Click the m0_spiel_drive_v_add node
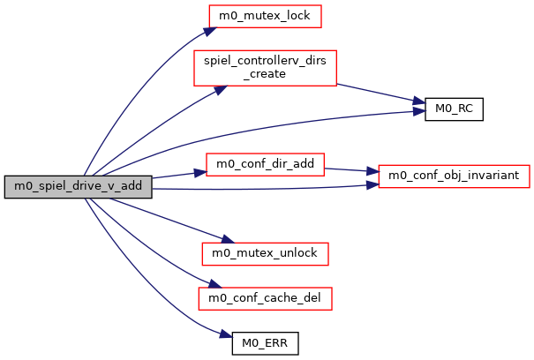(x=78, y=186)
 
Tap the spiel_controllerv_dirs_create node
(x=265, y=68)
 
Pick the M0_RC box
(x=454, y=111)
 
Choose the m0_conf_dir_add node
(x=265, y=165)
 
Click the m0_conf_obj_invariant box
(x=454, y=175)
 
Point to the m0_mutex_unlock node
(x=265, y=252)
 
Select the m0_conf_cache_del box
(x=265, y=299)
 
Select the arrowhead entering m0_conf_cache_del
(x=209, y=284)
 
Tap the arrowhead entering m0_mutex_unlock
(x=226, y=241)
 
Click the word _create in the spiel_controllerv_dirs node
(x=265, y=74)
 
